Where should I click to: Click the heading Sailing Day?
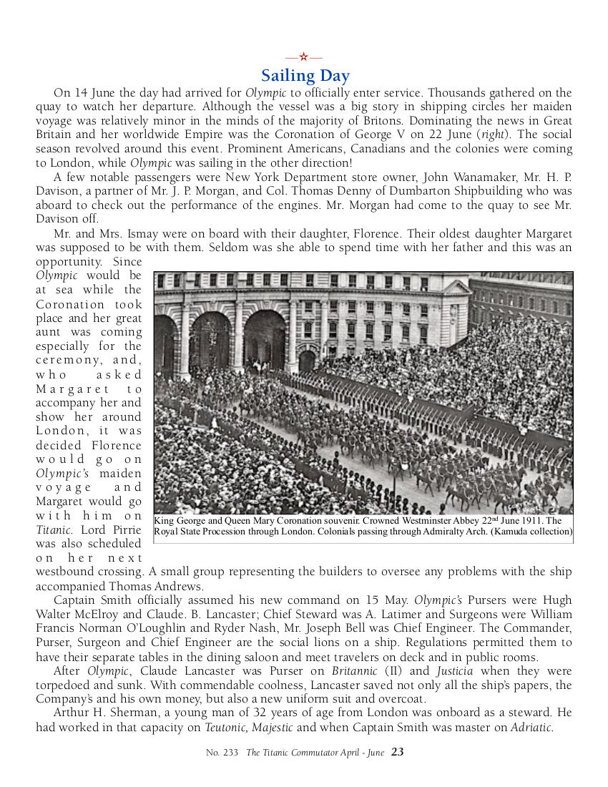pos(305,76)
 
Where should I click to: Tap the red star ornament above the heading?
pos(304,57)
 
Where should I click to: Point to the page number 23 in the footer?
pos(398,752)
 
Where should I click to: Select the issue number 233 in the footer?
pos(231,753)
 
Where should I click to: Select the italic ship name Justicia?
pos(454,671)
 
